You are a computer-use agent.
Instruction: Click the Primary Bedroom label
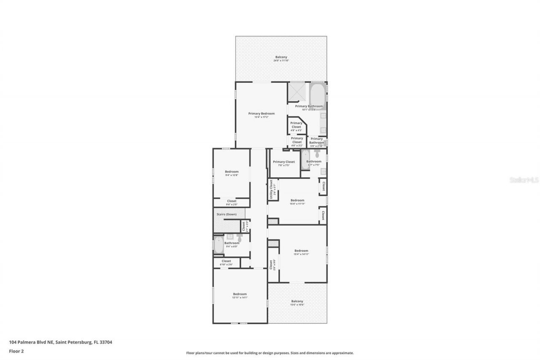tap(261, 114)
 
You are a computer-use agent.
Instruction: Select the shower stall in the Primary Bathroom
tap(296, 92)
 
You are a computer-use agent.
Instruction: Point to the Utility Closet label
tap(271, 189)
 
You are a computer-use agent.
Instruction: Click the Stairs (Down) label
tap(227, 214)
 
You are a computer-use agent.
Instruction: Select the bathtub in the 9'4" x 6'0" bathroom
tap(219, 245)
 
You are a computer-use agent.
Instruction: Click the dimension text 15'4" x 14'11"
tap(301, 254)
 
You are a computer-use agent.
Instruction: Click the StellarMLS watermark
tap(524, 180)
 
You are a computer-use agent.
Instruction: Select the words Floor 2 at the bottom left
tap(16, 351)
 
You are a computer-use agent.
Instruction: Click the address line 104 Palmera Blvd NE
tap(60, 342)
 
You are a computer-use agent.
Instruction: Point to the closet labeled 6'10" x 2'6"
tap(226, 263)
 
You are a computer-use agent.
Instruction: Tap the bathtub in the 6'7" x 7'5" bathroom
tap(305, 160)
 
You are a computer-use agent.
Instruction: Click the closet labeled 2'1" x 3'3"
tap(244, 226)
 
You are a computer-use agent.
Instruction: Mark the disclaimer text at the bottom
tap(270, 353)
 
